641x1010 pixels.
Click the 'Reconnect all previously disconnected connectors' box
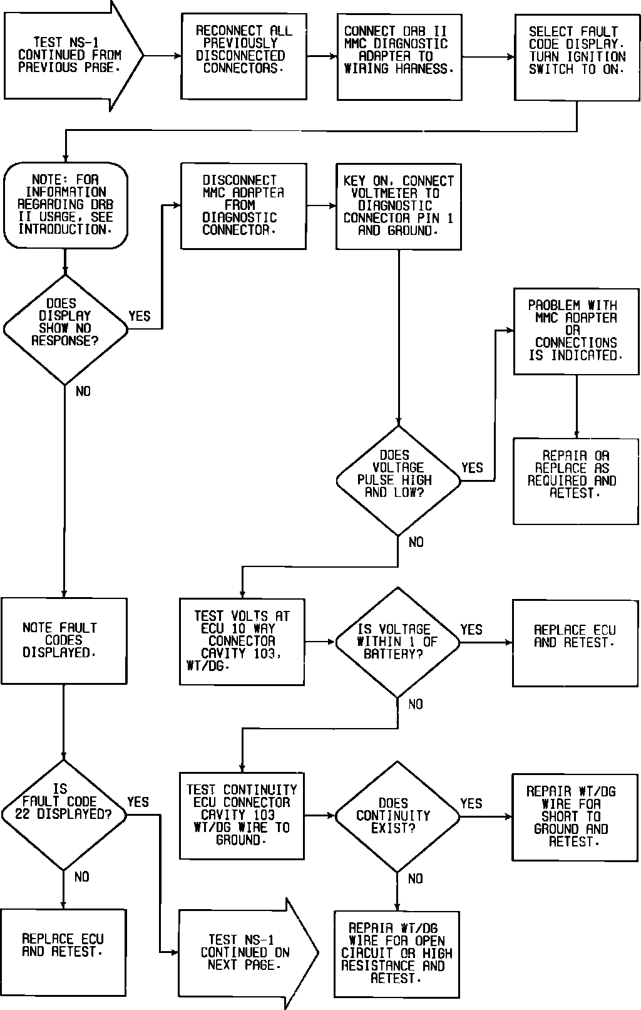pyautogui.click(x=244, y=56)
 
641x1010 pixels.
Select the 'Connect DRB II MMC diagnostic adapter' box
pyautogui.click(x=399, y=56)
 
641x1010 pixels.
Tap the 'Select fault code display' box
pyautogui.click(x=577, y=56)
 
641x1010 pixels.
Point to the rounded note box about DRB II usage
pyautogui.click(x=65, y=206)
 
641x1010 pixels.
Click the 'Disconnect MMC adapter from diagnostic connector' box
pyautogui.click(x=244, y=206)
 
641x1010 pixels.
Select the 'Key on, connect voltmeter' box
pyautogui.click(x=399, y=206)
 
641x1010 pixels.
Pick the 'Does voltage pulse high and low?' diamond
pyautogui.click(x=398, y=481)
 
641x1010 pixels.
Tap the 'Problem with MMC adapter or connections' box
pyautogui.click(x=576, y=331)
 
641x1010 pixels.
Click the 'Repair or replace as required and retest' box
pyautogui.click(x=576, y=481)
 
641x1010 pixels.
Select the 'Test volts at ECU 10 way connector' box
pyautogui.click(x=242, y=641)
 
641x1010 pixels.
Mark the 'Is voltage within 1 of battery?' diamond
pyautogui.click(x=397, y=642)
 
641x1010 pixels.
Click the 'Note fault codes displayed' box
pyautogui.click(x=64, y=640)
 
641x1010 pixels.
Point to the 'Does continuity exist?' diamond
pyautogui.click(x=397, y=816)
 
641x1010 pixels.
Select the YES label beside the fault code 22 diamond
pyautogui.click(x=138, y=802)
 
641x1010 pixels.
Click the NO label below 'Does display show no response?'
pyautogui.click(x=83, y=392)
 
